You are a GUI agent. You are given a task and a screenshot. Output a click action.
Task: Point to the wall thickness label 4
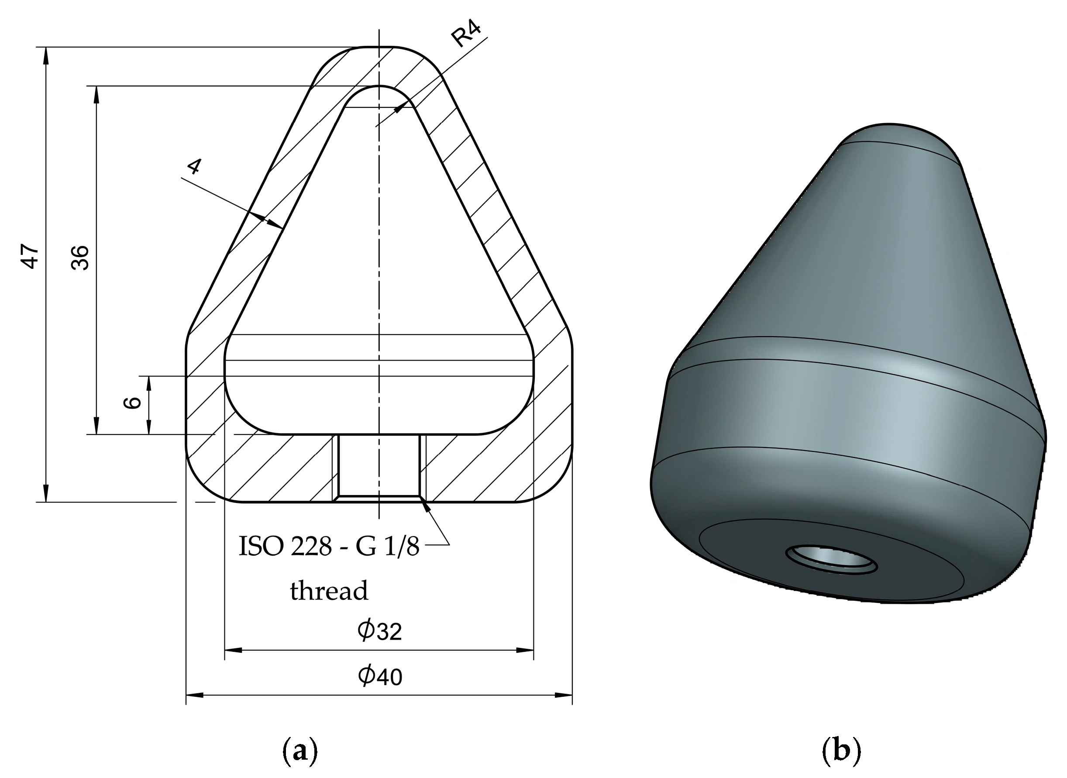tap(194, 167)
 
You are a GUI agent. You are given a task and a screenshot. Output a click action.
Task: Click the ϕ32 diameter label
tap(379, 631)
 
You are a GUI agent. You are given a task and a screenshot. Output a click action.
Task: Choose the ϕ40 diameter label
tap(379, 677)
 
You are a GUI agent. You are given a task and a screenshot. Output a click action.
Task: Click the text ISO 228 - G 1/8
tap(329, 547)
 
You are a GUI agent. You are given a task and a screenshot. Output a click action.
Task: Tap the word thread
tap(329, 591)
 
